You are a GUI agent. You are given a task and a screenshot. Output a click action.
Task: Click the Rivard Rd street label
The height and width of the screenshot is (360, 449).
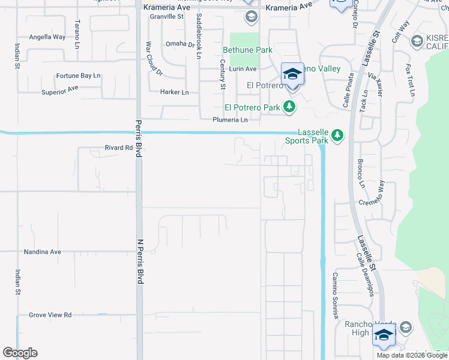click(x=118, y=148)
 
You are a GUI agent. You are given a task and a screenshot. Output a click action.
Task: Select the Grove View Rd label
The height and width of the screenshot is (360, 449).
click(x=50, y=315)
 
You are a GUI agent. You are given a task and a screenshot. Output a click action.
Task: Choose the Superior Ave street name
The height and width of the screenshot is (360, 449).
click(x=60, y=90)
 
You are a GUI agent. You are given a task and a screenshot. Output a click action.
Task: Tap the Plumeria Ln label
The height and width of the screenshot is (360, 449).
click(x=230, y=120)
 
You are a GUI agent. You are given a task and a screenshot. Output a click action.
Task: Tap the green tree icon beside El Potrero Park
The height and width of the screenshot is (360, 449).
click(x=290, y=107)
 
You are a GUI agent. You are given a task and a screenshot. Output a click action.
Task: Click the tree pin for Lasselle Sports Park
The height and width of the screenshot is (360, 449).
click(x=337, y=135)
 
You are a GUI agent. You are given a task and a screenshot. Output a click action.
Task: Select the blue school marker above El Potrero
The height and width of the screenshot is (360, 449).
click(x=292, y=75)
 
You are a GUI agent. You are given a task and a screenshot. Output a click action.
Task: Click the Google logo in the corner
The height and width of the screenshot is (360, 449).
click(x=20, y=353)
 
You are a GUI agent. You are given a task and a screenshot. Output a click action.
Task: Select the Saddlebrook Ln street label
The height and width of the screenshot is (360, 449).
click(x=199, y=38)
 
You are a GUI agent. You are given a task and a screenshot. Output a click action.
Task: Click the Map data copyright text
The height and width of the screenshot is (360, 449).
click(x=412, y=355)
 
